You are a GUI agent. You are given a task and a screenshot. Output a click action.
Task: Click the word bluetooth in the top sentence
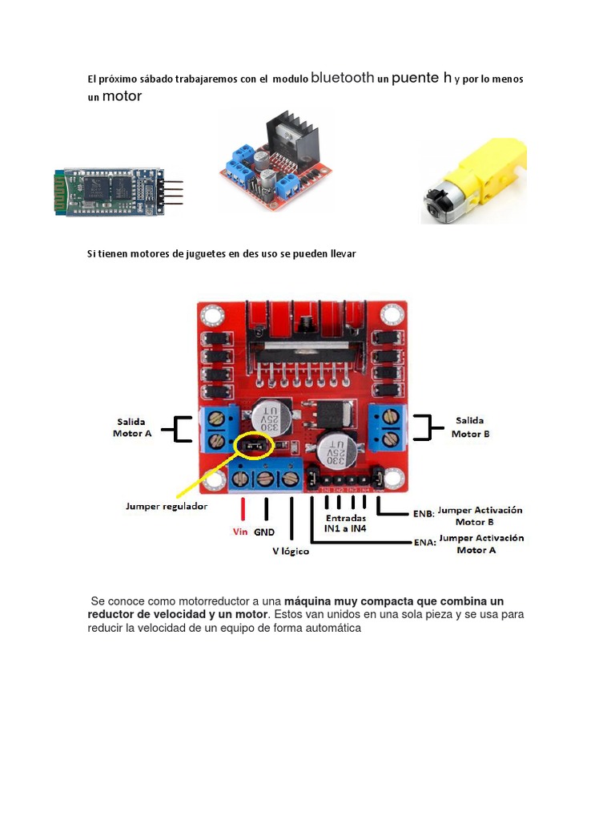pyautogui.click(x=342, y=78)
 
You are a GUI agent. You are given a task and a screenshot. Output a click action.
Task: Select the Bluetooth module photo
pyautogui.click(x=117, y=191)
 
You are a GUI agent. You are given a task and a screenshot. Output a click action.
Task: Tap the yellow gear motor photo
pyautogui.click(x=474, y=181)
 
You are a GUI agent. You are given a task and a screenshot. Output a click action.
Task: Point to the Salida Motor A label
pyautogui.click(x=132, y=427)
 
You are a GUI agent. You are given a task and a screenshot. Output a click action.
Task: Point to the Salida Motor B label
pyautogui.click(x=470, y=427)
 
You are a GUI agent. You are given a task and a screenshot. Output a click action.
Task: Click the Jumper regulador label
pyautogui.click(x=167, y=506)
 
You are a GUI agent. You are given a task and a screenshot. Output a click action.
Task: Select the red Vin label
pyautogui.click(x=240, y=532)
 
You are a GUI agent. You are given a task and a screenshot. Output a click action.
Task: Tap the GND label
pyautogui.click(x=264, y=532)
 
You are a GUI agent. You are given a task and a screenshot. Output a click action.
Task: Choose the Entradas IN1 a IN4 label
pyautogui.click(x=345, y=524)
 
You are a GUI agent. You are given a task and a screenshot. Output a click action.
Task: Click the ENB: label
pyautogui.click(x=424, y=513)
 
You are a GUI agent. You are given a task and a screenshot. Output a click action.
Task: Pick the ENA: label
pyautogui.click(x=424, y=542)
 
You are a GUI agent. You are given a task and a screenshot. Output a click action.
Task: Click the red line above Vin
pyautogui.click(x=243, y=511)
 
